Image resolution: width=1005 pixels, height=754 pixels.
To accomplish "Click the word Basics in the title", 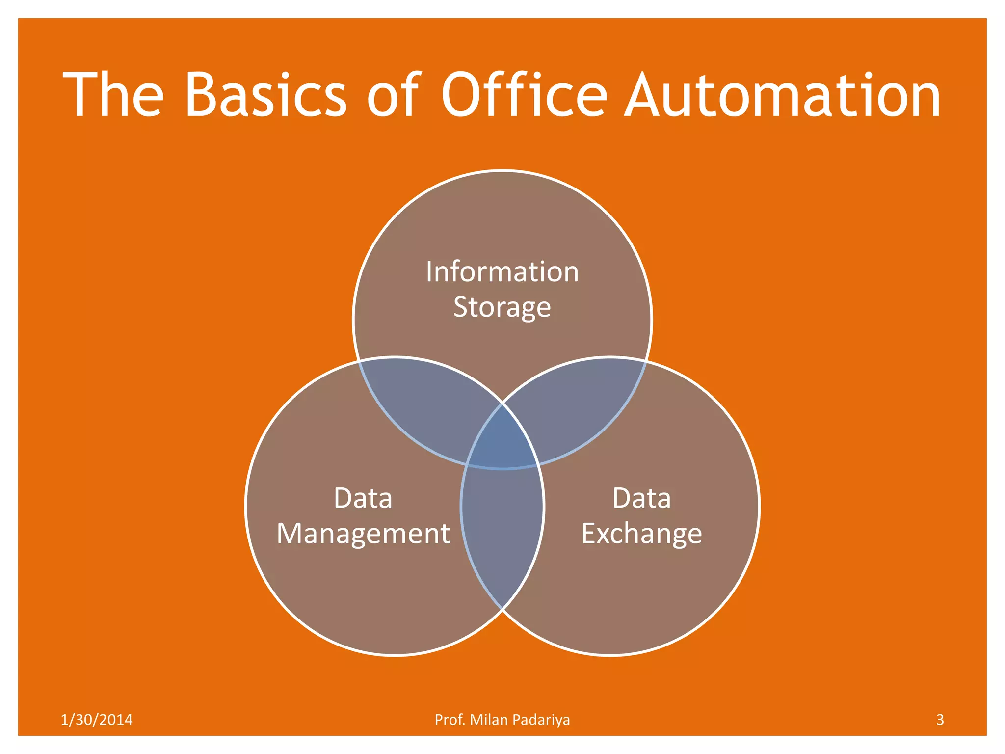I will point(265,94).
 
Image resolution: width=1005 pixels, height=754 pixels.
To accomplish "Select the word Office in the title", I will point(524,94).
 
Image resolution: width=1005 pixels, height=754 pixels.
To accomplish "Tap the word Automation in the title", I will point(784,94).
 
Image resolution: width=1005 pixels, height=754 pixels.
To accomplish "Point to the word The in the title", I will point(113,94).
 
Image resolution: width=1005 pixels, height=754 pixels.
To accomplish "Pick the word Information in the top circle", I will point(502,271).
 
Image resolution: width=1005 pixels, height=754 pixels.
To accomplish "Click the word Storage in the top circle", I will point(502,308).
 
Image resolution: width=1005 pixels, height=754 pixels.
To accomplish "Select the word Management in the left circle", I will point(363,534).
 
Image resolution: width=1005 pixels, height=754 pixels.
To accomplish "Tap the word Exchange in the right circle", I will point(641,534).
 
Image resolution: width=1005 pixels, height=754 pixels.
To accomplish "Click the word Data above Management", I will point(363,498).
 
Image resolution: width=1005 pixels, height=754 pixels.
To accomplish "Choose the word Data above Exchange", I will point(641,498).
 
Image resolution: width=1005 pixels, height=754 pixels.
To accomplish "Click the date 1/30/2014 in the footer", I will point(97,720).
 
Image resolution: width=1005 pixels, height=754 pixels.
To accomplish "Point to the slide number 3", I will point(940,720).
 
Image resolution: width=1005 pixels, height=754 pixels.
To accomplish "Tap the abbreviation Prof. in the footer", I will point(450,720).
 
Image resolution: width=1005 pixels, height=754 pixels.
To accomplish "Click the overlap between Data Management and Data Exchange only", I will point(502,530).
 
